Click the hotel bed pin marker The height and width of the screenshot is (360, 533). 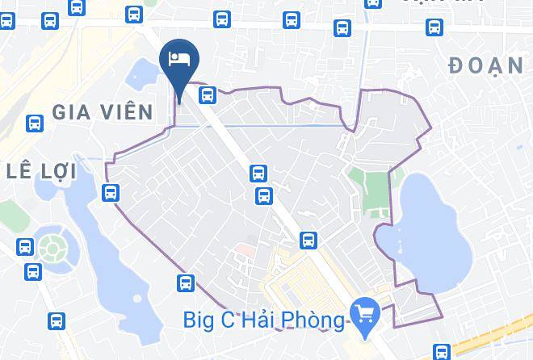pyautogui.click(x=178, y=60)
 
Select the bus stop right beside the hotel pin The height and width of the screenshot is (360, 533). pyautogui.click(x=208, y=95)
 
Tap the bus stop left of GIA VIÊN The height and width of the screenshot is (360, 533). pyautogui.click(x=34, y=123)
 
